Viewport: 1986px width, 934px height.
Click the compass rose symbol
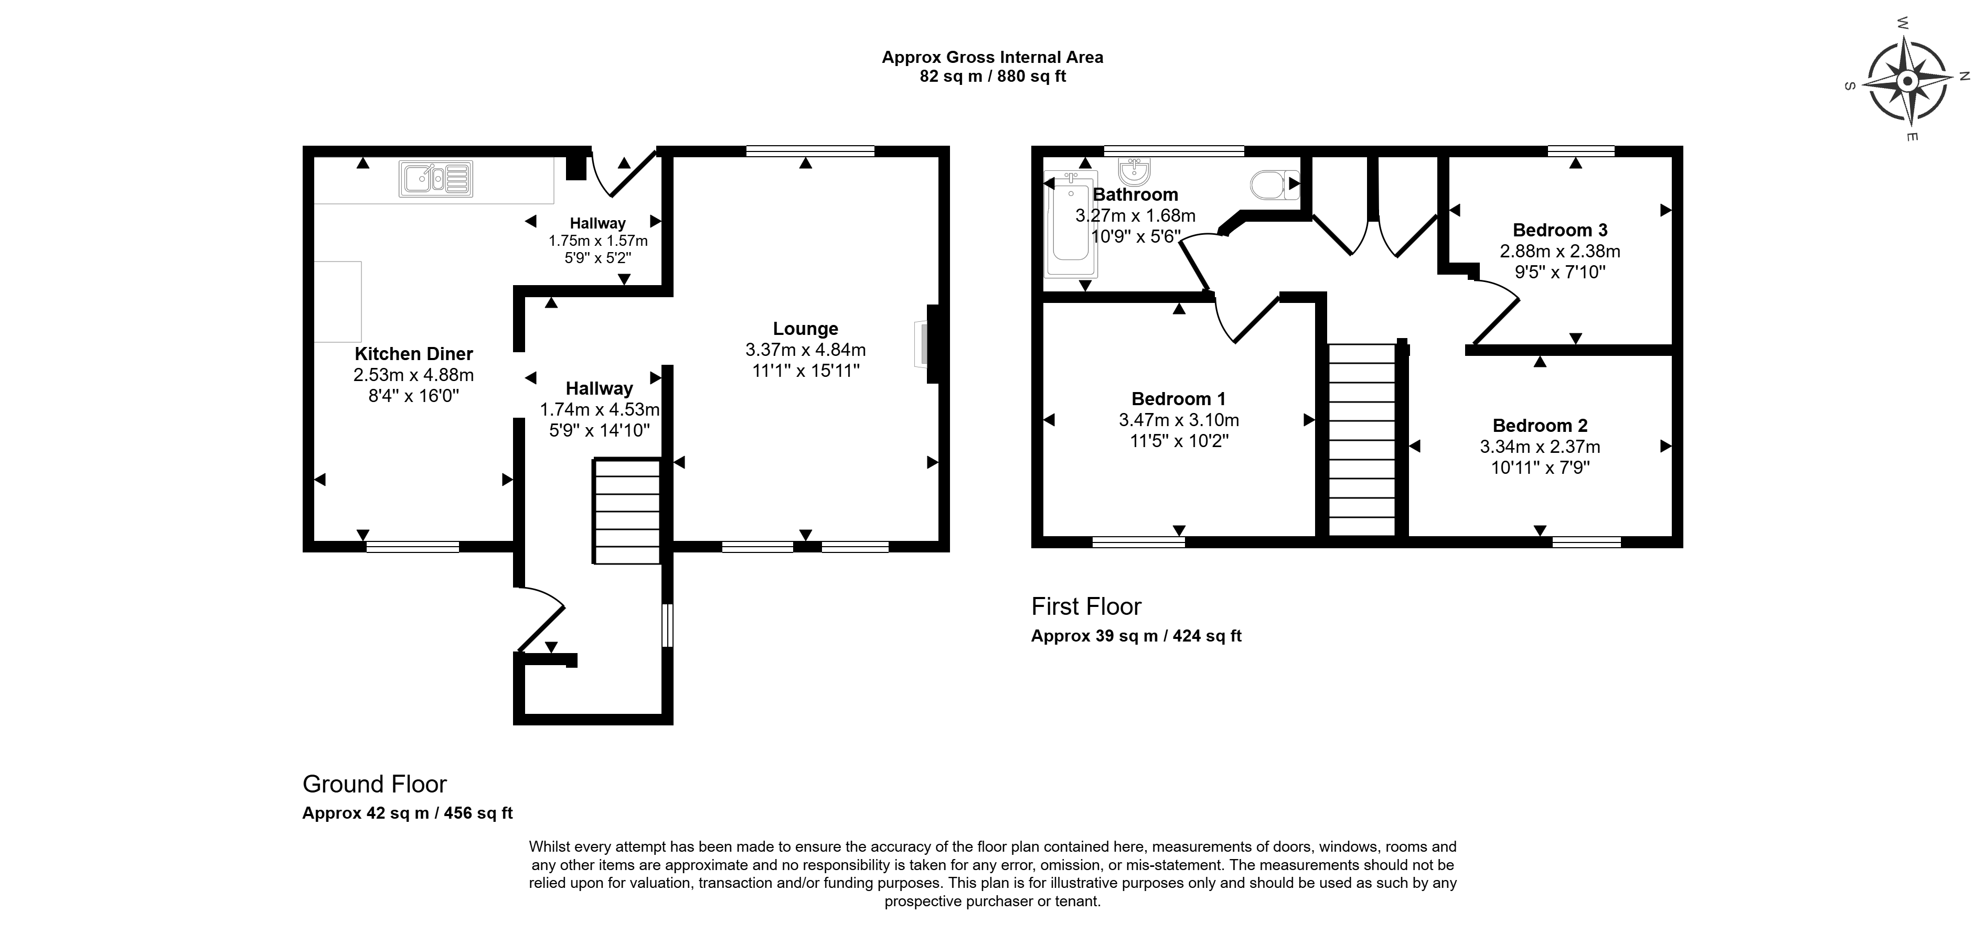[x=1907, y=81]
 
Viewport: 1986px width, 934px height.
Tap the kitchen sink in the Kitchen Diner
[x=435, y=179]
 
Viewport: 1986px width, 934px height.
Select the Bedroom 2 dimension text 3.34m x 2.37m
[x=1540, y=447]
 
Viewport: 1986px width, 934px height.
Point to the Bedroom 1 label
[x=1178, y=399]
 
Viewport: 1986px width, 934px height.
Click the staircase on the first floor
[x=1362, y=439]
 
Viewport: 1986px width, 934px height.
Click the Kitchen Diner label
[x=413, y=354]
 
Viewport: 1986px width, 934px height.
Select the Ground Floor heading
[x=375, y=785]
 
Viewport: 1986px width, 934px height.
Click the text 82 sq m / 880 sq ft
[x=992, y=77]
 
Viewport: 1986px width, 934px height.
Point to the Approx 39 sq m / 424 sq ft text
[x=1136, y=636]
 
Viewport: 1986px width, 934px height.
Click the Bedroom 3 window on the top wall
[x=1581, y=151]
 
